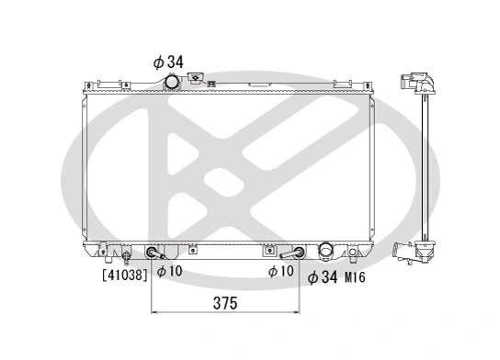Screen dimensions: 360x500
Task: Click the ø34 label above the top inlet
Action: pos(168,62)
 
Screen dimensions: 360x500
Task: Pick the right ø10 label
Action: pos(280,271)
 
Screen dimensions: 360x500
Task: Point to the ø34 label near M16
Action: pos(324,276)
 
